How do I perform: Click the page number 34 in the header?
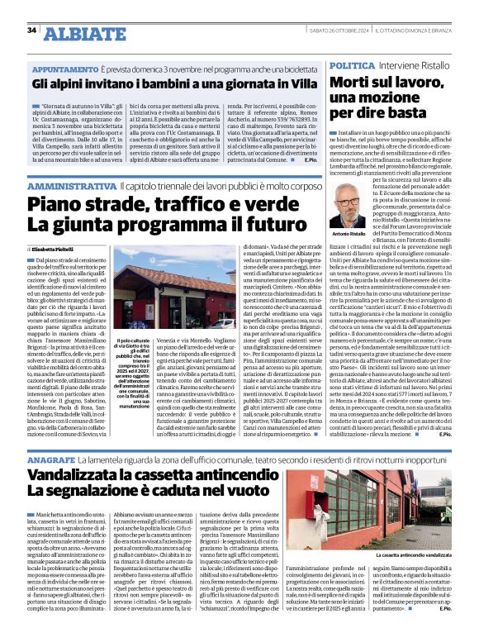tap(32, 31)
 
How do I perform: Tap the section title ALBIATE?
tap(81, 32)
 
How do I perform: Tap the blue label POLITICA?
tap(353, 64)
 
